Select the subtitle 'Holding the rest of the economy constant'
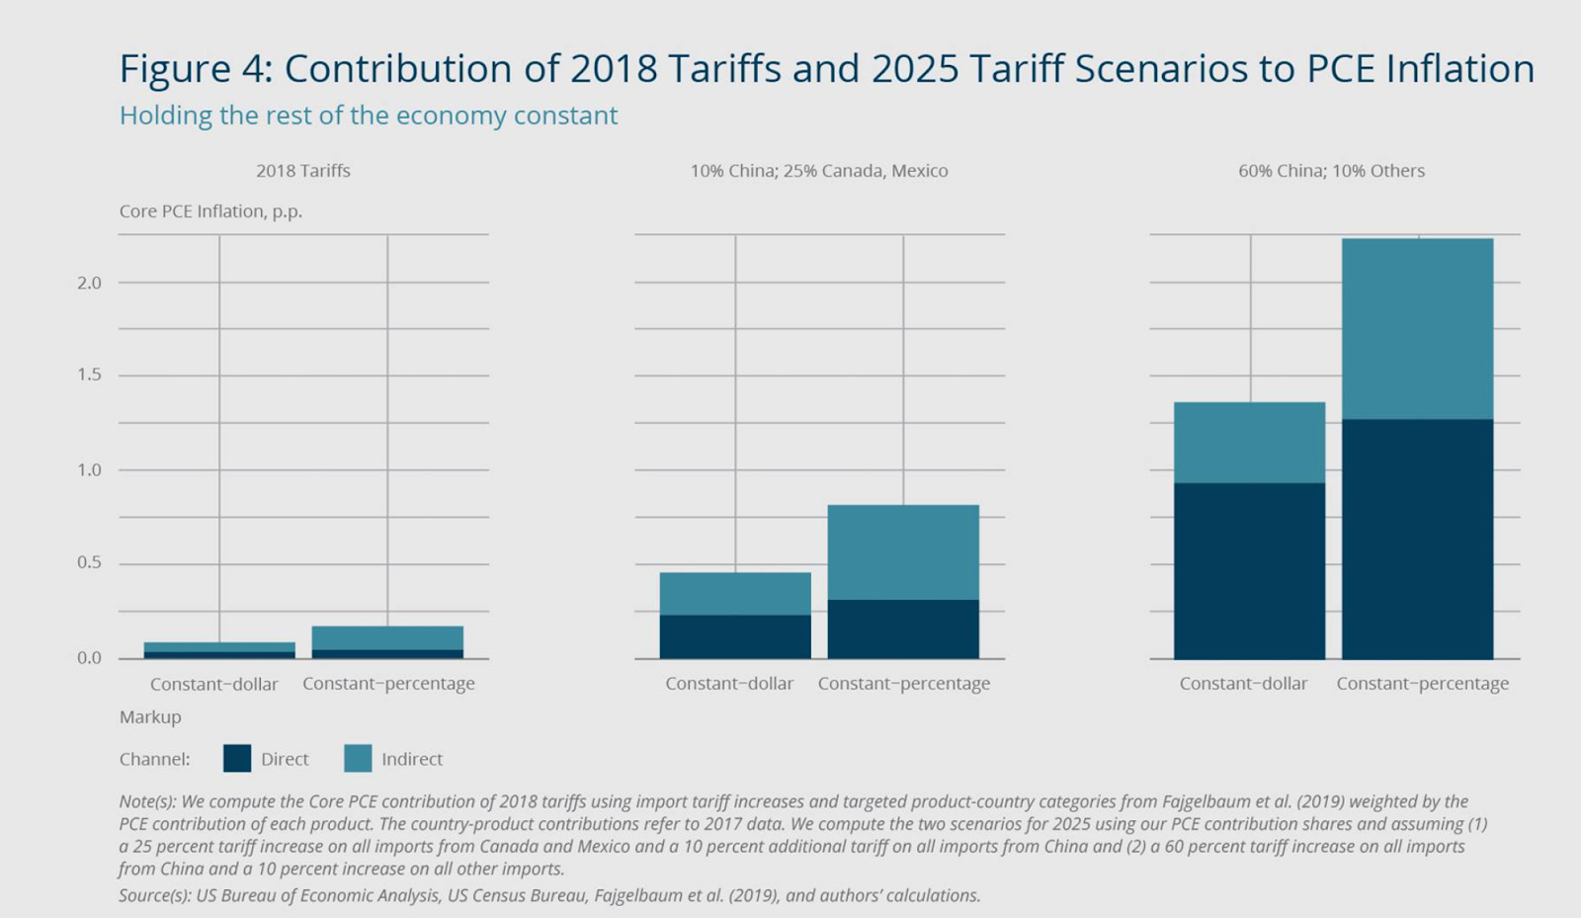(x=368, y=116)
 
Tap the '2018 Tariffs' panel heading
(x=303, y=171)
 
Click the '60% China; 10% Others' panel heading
(x=1331, y=171)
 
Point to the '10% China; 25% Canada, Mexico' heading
(x=818, y=171)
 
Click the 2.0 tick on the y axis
(x=89, y=283)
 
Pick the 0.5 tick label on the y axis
(x=89, y=563)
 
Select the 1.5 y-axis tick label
(x=89, y=376)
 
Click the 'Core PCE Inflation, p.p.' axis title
(x=210, y=211)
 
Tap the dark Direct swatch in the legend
(x=237, y=759)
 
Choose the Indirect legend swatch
(x=358, y=759)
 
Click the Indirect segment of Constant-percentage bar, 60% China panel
(x=1417, y=328)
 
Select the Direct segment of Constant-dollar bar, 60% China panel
(x=1249, y=570)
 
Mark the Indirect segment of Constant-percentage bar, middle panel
(x=903, y=551)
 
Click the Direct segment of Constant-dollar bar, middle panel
(x=735, y=636)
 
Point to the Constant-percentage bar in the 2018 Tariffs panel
(x=387, y=641)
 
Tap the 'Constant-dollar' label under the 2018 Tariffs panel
(x=213, y=684)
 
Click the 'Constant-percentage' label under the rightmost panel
(x=1422, y=684)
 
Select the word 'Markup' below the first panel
(x=150, y=717)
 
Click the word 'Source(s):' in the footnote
(x=155, y=896)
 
